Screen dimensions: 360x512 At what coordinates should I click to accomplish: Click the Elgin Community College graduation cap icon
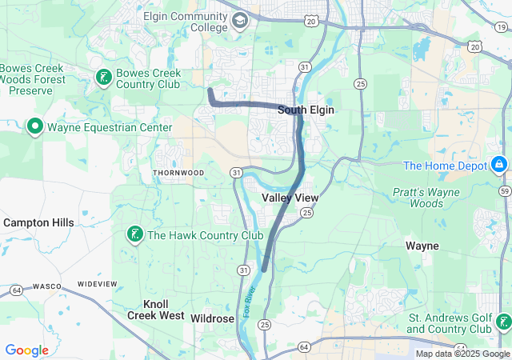pyautogui.click(x=239, y=22)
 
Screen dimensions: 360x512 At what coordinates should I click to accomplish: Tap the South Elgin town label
pyautogui.click(x=306, y=110)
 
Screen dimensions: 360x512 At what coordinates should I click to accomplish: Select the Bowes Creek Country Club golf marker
pyautogui.click(x=103, y=78)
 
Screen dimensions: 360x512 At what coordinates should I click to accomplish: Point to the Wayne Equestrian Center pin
pyautogui.click(x=35, y=127)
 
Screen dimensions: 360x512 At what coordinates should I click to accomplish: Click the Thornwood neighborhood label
pyautogui.click(x=178, y=173)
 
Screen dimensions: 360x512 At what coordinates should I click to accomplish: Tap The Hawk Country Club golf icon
pyautogui.click(x=134, y=234)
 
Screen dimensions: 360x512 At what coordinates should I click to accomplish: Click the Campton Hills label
pyautogui.click(x=38, y=222)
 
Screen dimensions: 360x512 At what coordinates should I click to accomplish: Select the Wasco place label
pyautogui.click(x=44, y=285)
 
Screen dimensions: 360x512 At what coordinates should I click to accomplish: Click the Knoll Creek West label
pyautogui.click(x=155, y=310)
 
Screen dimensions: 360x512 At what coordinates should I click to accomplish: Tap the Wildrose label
pyautogui.click(x=213, y=318)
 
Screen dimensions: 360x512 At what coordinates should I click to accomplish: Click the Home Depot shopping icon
pyautogui.click(x=498, y=165)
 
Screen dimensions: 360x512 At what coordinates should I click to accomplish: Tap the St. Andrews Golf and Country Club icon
pyautogui.click(x=503, y=322)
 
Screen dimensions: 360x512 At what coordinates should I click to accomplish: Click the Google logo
pyautogui.click(x=26, y=350)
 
